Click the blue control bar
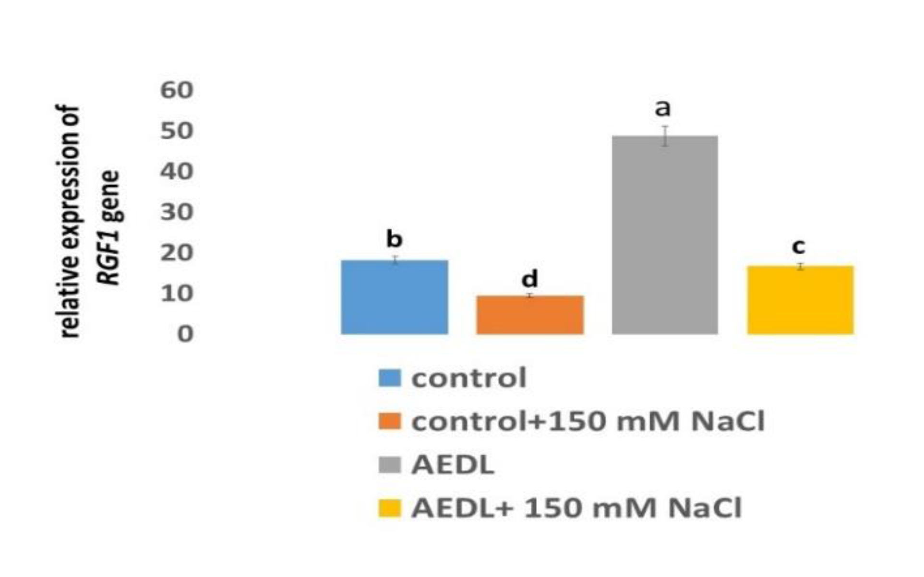coord(394,297)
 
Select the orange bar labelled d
coord(529,315)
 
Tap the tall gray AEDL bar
coord(665,235)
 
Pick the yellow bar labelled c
coord(800,300)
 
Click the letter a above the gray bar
coord(663,108)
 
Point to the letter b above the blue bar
coord(394,238)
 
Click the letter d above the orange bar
coord(529,279)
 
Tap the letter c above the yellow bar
coord(798,247)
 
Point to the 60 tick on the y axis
coord(177,90)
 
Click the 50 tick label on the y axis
coord(177,131)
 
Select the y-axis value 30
coord(177,212)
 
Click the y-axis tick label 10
coord(177,293)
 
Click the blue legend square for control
coord(389,378)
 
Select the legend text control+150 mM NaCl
coord(588,422)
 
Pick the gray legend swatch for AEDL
coord(389,465)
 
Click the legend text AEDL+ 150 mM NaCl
coord(576,508)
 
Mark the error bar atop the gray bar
coord(665,136)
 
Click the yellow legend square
coord(389,508)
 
